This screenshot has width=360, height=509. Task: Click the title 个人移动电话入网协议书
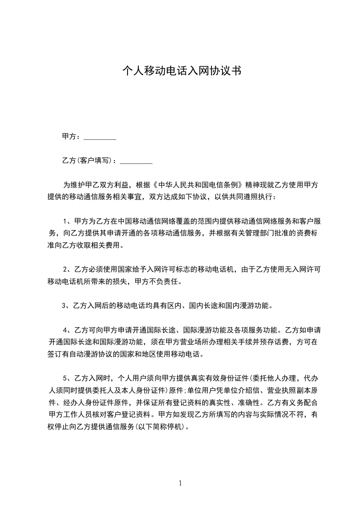tap(182, 71)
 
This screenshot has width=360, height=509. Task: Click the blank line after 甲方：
tap(100, 138)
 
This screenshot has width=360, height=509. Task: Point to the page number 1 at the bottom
tap(180, 483)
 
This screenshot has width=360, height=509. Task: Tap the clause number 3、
tap(67, 305)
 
